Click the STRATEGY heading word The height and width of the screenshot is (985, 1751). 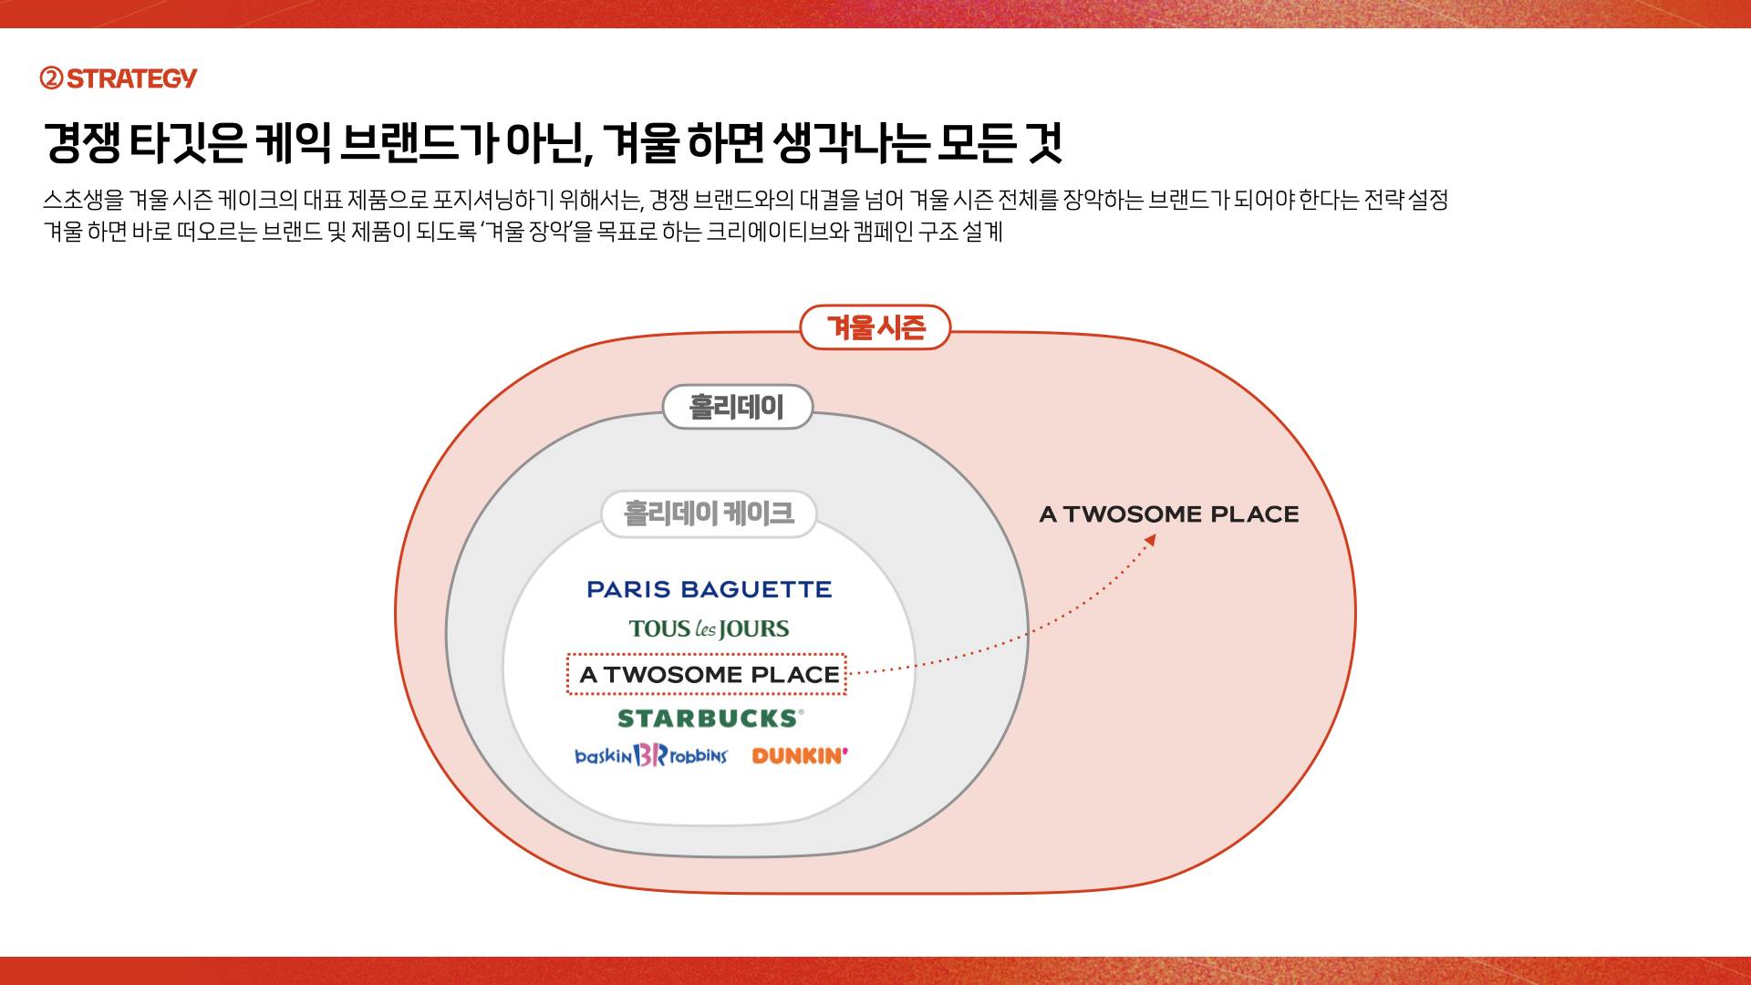click(x=132, y=78)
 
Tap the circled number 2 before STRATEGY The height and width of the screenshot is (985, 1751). click(x=52, y=78)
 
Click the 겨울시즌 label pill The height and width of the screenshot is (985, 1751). click(x=875, y=327)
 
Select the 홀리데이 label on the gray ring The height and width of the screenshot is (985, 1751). click(x=737, y=407)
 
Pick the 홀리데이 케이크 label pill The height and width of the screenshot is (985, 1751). click(x=709, y=513)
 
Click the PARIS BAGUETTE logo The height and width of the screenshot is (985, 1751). click(x=710, y=589)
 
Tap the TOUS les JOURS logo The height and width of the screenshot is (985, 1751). click(x=709, y=628)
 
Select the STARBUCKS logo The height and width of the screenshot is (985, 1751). click(x=710, y=719)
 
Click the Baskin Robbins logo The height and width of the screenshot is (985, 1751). click(x=651, y=755)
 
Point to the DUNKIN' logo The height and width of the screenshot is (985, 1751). click(x=800, y=755)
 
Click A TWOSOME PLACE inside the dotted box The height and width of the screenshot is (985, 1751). click(x=709, y=675)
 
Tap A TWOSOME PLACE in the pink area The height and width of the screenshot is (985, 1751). click(x=1169, y=514)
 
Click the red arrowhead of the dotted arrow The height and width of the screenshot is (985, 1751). click(x=1151, y=540)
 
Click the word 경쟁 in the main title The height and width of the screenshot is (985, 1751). click(x=82, y=142)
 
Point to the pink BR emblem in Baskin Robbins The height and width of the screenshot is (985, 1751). click(x=651, y=755)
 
